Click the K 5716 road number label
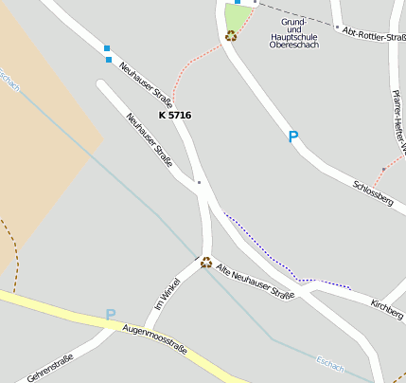pos(175,115)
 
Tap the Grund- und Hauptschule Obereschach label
pos(293,33)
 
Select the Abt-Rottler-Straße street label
pos(375,35)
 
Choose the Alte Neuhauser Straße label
pos(256,282)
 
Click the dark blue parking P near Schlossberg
pos(293,137)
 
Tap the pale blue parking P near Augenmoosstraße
pos(111,315)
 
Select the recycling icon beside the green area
pos(231,36)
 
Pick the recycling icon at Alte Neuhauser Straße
pos(205,263)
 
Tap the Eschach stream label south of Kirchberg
pos(330,363)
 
